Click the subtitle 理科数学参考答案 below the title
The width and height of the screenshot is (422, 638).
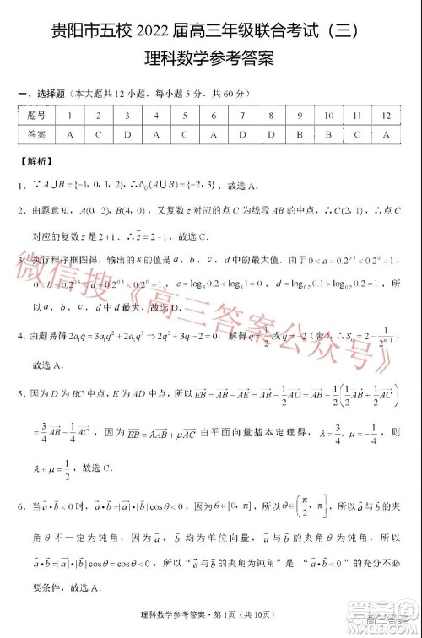click(211, 61)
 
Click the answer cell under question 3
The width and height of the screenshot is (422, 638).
click(127, 134)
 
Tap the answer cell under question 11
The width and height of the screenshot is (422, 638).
click(358, 134)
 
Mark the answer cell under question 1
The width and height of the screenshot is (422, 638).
click(69, 134)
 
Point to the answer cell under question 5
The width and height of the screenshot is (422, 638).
click(185, 134)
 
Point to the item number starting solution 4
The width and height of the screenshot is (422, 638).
click(20, 333)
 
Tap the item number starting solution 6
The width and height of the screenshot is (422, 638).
click(20, 507)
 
